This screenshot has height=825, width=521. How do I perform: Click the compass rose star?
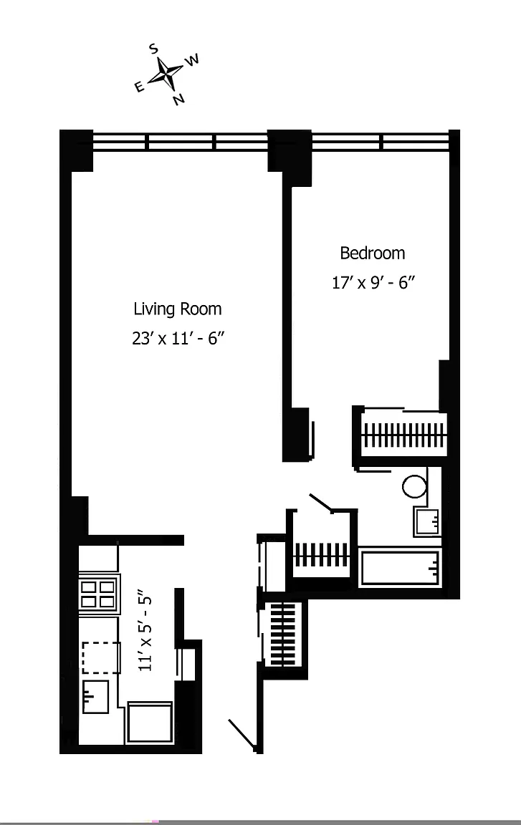(166, 73)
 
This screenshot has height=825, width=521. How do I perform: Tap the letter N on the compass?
(179, 98)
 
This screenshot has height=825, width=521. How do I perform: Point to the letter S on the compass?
(153, 49)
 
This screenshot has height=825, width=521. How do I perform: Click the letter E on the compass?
(140, 87)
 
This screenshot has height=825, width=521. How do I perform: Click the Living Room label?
(177, 309)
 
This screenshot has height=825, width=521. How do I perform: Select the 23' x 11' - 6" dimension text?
(178, 338)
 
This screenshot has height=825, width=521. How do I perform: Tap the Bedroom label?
(373, 253)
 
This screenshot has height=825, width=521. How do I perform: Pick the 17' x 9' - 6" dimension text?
(373, 283)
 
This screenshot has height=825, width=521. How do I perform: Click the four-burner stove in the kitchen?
(98, 594)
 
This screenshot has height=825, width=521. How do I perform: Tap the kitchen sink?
(95, 696)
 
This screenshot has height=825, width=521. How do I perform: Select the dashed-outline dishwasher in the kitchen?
(100, 657)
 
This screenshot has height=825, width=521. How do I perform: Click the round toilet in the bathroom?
(414, 487)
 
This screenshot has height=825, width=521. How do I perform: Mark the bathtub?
(399, 567)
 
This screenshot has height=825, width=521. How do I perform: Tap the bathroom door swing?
(320, 503)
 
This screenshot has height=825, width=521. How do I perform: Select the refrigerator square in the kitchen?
(150, 723)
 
